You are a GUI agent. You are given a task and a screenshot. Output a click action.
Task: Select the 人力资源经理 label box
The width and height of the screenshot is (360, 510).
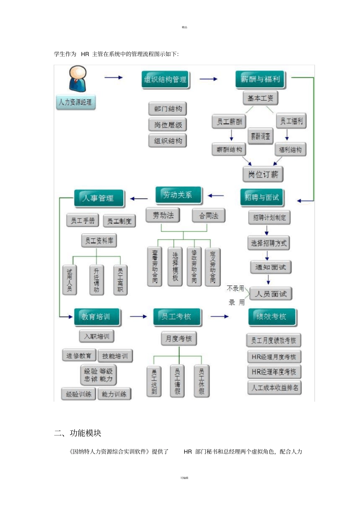pos(75,102)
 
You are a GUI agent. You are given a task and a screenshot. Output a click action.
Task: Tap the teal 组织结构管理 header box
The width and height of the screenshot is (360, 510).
pos(165,80)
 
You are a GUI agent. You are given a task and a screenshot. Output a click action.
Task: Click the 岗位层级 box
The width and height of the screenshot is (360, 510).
pos(168,125)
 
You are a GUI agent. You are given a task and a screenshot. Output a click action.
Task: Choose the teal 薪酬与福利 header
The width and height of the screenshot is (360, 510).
pos(260,79)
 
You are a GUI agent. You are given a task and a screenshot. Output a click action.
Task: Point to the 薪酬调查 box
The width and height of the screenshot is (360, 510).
pos(260,136)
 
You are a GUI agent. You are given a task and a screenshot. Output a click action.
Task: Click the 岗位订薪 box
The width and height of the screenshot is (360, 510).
pos(263,174)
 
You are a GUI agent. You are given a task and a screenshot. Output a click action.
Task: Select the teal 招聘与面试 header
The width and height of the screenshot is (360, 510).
pos(261,198)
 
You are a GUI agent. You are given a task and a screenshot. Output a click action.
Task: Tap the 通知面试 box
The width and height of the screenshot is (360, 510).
pos(271,267)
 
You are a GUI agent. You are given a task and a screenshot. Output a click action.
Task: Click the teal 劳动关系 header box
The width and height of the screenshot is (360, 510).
pos(178,195)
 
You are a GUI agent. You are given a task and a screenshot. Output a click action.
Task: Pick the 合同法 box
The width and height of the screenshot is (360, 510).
pos(208,215)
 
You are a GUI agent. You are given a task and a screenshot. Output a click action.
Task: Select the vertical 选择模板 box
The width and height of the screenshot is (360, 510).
pos(175,266)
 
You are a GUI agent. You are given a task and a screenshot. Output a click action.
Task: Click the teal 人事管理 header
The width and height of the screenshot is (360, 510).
pos(99,198)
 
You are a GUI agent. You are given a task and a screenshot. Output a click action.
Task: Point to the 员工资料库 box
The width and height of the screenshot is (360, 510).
pos(99,240)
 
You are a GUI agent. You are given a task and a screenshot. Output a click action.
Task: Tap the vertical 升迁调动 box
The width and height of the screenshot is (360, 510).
pos(96,280)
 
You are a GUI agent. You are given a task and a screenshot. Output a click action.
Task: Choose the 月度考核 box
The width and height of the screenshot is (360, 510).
pos(179,339)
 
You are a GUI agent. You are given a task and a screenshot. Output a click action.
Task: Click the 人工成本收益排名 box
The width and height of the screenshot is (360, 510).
pos(274,388)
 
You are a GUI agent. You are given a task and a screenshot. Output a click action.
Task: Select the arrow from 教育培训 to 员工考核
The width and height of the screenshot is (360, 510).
pos(138,316)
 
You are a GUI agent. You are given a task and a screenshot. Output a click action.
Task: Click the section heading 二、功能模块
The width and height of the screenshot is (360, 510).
pos(78,433)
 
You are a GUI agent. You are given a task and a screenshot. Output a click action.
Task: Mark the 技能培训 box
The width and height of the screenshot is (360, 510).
pos(115,356)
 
